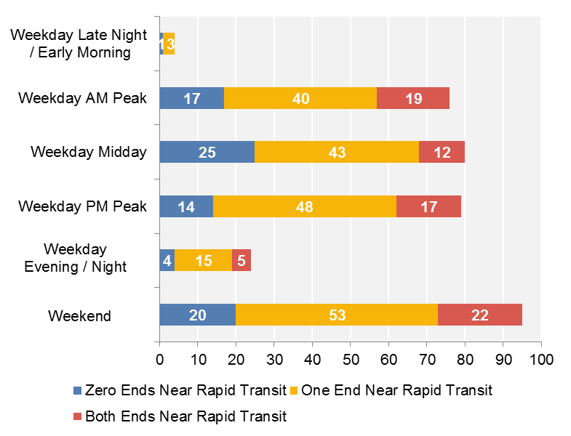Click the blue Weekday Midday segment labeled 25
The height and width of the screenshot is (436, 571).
pyautogui.click(x=207, y=152)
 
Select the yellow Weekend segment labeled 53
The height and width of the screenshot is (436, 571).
pyautogui.click(x=337, y=315)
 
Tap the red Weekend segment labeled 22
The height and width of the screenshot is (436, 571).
pyautogui.click(x=479, y=315)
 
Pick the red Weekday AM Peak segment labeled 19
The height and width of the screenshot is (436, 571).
pyautogui.click(x=413, y=98)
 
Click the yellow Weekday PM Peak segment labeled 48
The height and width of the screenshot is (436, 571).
pyautogui.click(x=305, y=206)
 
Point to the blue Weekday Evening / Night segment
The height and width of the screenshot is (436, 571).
pyautogui.click(x=167, y=261)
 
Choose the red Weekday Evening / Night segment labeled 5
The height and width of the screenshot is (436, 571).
pyautogui.click(x=241, y=261)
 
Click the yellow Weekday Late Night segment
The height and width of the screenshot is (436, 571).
pyautogui.click(x=169, y=44)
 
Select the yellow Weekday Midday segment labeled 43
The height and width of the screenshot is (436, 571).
pyautogui.click(x=337, y=152)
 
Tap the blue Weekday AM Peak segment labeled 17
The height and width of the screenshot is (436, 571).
pyautogui.click(x=191, y=98)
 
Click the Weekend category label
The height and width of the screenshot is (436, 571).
pyautogui.click(x=79, y=316)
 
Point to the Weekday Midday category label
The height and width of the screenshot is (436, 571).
pyautogui.click(x=89, y=152)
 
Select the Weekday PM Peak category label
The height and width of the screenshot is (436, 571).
pyautogui.click(x=82, y=206)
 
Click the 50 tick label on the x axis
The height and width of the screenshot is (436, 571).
pyautogui.click(x=350, y=359)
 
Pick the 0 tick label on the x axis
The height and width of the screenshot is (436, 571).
pyautogui.click(x=159, y=359)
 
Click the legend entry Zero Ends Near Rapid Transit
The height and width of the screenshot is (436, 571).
pyautogui.click(x=185, y=391)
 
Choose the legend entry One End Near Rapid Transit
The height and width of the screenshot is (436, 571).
pyautogui.click(x=396, y=391)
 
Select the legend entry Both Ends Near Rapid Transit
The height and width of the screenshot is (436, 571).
pyautogui.click(x=185, y=416)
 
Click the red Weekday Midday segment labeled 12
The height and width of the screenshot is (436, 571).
pyautogui.click(x=442, y=152)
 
